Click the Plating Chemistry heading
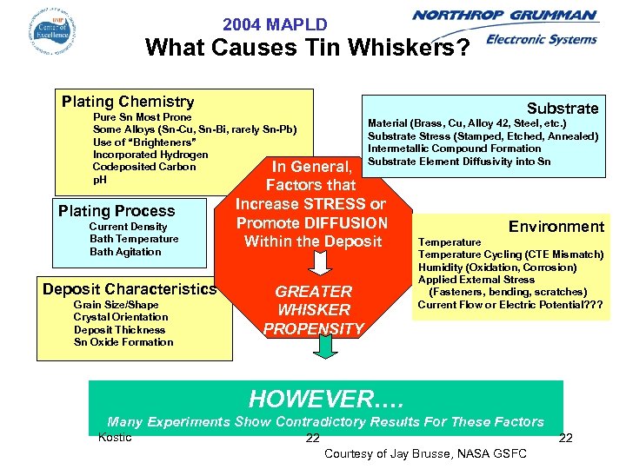click(x=128, y=102)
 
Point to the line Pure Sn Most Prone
click(x=142, y=117)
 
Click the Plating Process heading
click(x=117, y=211)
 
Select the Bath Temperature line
click(x=134, y=239)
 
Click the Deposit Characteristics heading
click(x=130, y=289)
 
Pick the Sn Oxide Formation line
click(x=123, y=342)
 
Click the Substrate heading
click(x=563, y=109)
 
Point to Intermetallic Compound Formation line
click(x=454, y=149)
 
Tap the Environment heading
click(x=556, y=227)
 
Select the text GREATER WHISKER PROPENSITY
click(x=313, y=310)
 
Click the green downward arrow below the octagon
click(x=324, y=347)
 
